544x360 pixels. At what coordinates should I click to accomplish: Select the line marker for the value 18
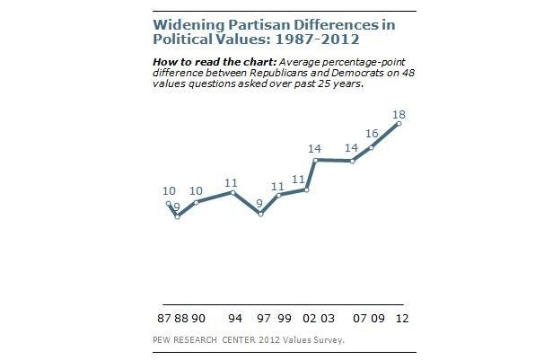click(x=398, y=123)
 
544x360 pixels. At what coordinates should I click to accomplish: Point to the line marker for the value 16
click(x=371, y=146)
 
